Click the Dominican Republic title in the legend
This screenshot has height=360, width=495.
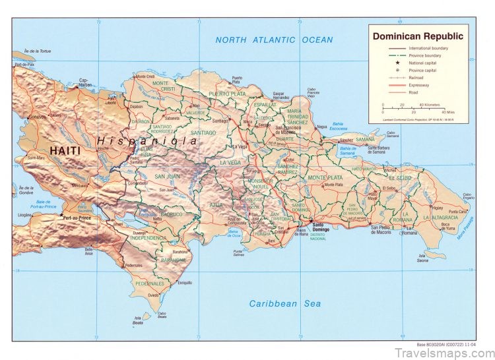[418, 36]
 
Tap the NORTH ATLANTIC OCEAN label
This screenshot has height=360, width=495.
[274, 40]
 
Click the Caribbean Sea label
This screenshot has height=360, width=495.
[284, 303]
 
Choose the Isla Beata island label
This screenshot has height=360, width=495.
[137, 321]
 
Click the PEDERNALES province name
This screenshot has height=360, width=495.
[150, 284]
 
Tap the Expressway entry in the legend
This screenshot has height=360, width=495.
[418, 85]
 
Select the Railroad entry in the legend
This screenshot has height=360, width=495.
[416, 77]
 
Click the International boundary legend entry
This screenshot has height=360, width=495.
[430, 49]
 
